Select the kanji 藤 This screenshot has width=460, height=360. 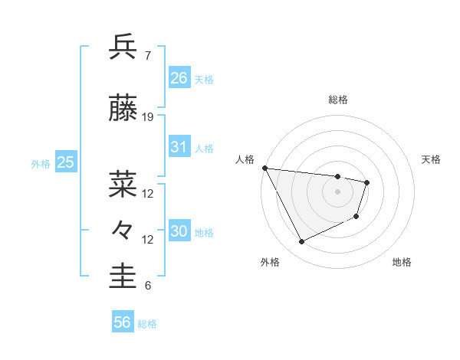(123, 109)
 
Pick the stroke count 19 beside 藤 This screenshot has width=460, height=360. (148, 117)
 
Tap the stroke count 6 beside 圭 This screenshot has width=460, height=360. (147, 286)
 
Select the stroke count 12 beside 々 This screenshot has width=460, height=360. (148, 240)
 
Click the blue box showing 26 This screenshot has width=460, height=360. (179, 77)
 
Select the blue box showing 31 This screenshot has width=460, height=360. (179, 147)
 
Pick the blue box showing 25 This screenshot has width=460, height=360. (65, 162)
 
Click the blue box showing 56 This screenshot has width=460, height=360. (122, 322)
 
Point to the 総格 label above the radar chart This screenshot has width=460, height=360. (338, 100)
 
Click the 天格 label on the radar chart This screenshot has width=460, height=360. (431, 159)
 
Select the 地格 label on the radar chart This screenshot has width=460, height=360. (402, 262)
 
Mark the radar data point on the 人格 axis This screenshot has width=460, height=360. (264, 168)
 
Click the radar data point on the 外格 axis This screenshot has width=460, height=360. (301, 242)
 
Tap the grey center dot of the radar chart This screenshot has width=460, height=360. (337, 191)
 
